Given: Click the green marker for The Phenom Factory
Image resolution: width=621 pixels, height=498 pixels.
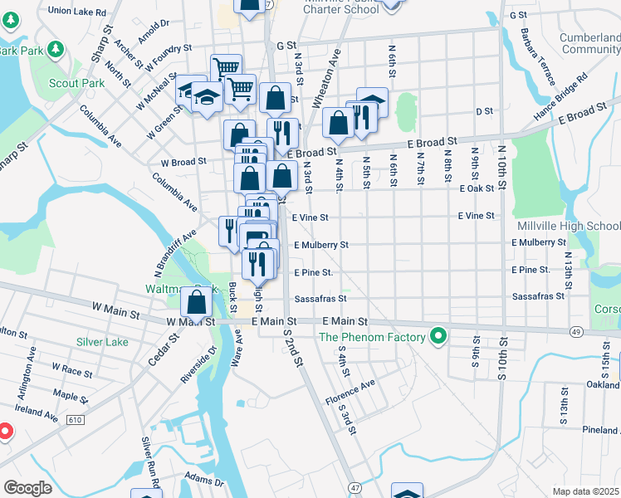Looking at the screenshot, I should (438, 337).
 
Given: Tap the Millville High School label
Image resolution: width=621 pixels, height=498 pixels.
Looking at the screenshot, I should (568, 227).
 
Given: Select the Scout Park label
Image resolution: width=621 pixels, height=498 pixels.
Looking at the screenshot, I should (81, 83).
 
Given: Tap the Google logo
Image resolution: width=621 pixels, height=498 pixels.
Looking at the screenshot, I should (27, 488).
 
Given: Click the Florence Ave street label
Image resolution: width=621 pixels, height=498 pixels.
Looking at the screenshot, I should (350, 387).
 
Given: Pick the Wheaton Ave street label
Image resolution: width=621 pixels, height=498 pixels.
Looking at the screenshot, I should (326, 79).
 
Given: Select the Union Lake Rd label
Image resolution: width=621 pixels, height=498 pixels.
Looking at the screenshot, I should (77, 12).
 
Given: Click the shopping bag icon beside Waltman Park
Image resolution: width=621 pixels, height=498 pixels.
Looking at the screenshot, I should (198, 303).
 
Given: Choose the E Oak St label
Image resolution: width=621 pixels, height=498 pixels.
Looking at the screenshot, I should (477, 188).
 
